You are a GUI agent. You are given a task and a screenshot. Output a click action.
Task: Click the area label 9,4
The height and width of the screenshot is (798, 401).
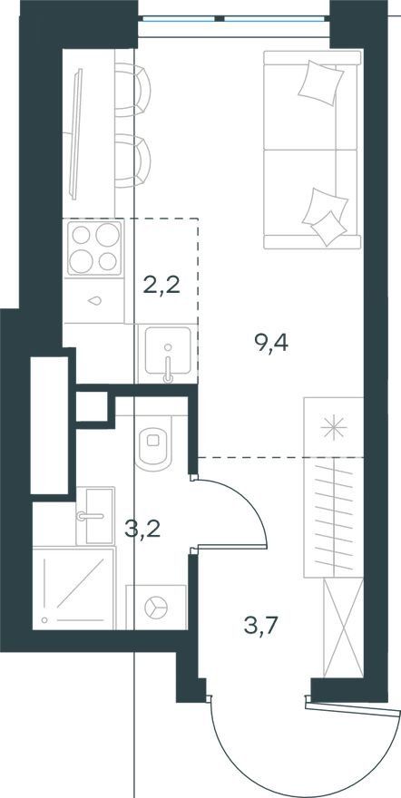coord(270,344)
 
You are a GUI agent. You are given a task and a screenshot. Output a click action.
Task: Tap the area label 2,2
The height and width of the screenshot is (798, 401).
coord(161,286)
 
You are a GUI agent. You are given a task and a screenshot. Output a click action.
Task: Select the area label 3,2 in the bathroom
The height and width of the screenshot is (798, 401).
coord(143,529)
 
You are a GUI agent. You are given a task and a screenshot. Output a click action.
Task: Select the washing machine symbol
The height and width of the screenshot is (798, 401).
coord(156,608)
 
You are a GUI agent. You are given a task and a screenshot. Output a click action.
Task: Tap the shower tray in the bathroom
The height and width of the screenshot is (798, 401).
coord(74,588)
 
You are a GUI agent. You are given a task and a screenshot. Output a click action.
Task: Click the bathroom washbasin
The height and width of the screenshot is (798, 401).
coord(95,516)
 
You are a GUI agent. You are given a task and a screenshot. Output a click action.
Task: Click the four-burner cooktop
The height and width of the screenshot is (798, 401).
coord(94,248)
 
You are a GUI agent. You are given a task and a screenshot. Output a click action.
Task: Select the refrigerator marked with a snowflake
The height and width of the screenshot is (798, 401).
coord(333,426)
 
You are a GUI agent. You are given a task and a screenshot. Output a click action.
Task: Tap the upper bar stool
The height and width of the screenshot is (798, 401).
coord(132,90)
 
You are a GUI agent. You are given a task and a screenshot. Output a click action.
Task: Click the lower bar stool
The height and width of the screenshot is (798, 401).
coord(132,161)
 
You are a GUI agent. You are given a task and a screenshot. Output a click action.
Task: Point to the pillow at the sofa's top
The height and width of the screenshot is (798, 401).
coord(320,83)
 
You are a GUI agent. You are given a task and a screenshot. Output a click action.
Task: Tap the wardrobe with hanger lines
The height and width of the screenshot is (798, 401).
coord(333,517)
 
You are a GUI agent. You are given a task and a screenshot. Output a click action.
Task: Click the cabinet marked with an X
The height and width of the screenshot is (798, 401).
coord(344,628)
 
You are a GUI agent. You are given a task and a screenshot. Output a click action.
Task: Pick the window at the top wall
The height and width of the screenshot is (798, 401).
coord(233,19)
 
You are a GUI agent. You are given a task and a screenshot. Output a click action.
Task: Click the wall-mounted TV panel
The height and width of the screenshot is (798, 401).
coord(76,134)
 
